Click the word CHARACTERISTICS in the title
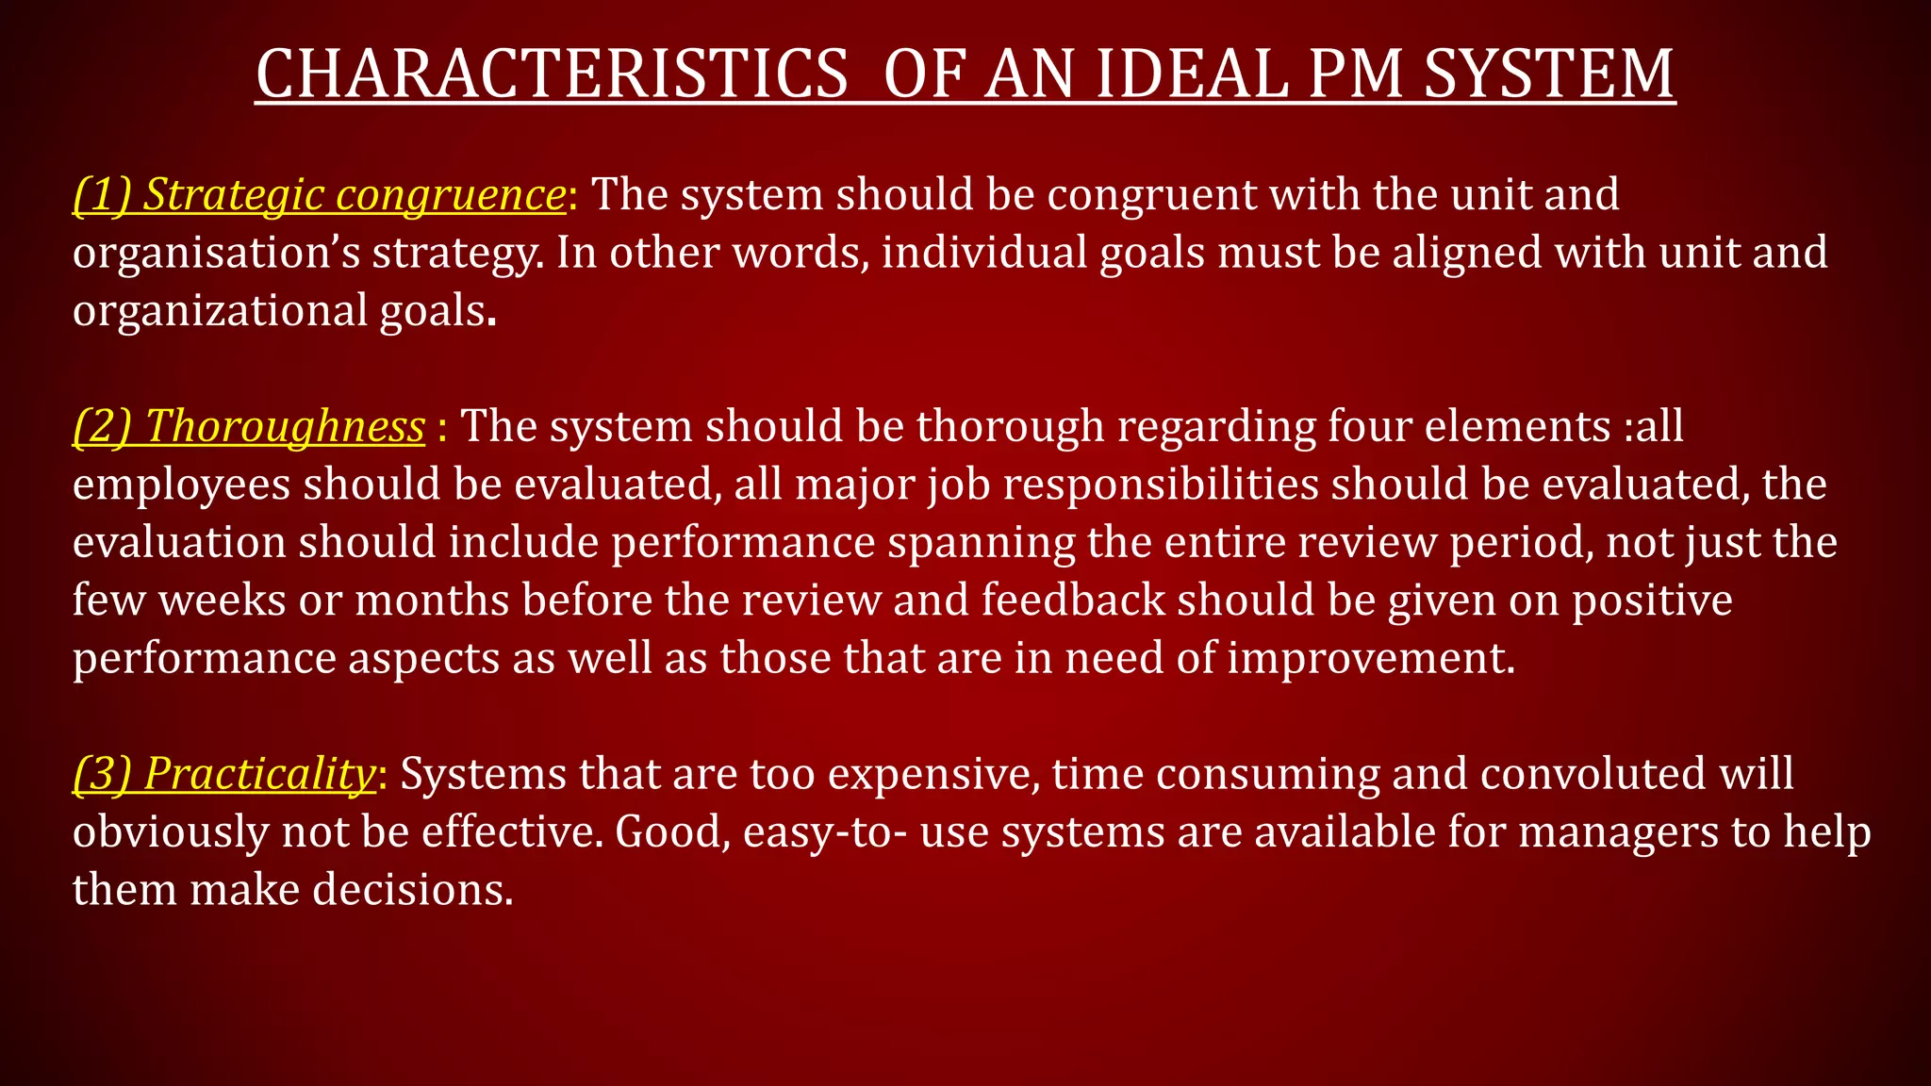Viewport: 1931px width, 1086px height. [552, 74]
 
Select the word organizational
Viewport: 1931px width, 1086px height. [220, 311]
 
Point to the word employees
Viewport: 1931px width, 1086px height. [181, 485]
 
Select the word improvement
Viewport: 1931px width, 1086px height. [1370, 658]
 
